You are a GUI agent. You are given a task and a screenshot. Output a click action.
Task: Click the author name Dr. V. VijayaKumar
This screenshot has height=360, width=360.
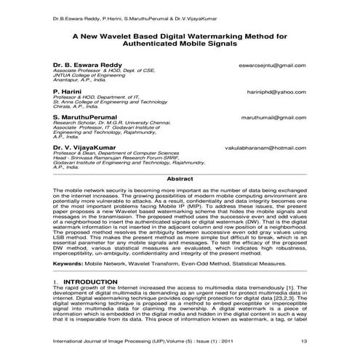(x=83, y=148)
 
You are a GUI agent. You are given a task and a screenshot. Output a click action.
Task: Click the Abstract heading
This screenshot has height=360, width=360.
(x=180, y=178)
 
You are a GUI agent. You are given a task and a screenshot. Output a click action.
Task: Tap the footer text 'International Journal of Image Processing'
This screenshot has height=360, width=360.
(x=107, y=342)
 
